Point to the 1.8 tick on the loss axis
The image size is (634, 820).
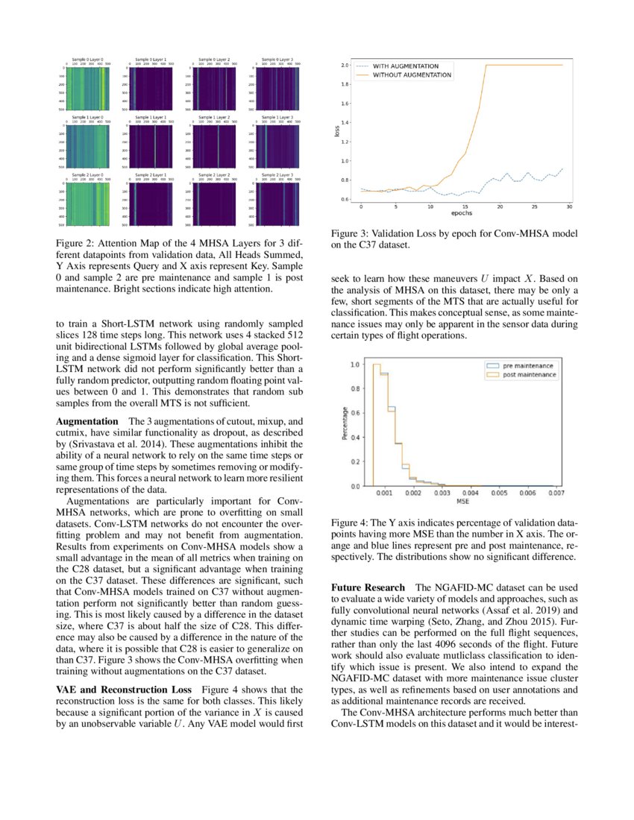click(x=345, y=84)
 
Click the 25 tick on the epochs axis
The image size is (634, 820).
click(x=535, y=206)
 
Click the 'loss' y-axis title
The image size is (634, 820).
click(x=336, y=132)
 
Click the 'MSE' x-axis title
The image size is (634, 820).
click(x=462, y=502)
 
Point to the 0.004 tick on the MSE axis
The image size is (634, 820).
click(x=470, y=493)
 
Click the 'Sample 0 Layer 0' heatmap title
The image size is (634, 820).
click(x=87, y=58)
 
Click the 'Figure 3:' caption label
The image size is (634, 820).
click(x=351, y=234)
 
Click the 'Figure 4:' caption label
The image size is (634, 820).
click(x=351, y=523)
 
